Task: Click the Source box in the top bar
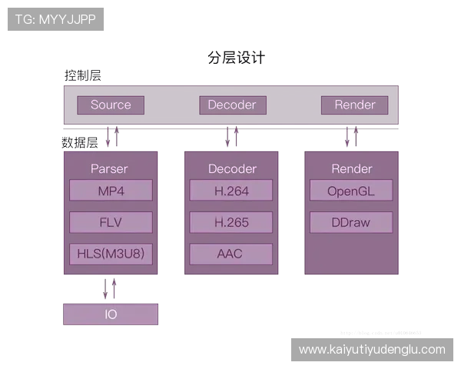(111, 105)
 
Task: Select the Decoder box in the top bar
(232, 105)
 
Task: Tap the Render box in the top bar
(354, 105)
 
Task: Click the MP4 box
(111, 191)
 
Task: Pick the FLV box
(111, 223)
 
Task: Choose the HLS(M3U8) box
(111, 254)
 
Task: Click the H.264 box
(231, 191)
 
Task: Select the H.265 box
(231, 223)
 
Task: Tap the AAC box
(231, 254)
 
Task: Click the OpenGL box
(351, 191)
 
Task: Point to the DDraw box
(351, 223)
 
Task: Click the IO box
(111, 314)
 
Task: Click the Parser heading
(109, 168)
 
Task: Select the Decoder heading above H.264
(232, 168)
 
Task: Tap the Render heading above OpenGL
(352, 168)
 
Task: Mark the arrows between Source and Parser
(113, 138)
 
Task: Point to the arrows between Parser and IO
(111, 290)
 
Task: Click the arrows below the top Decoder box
(232, 138)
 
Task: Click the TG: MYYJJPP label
(55, 19)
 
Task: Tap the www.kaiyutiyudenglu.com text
(372, 350)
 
